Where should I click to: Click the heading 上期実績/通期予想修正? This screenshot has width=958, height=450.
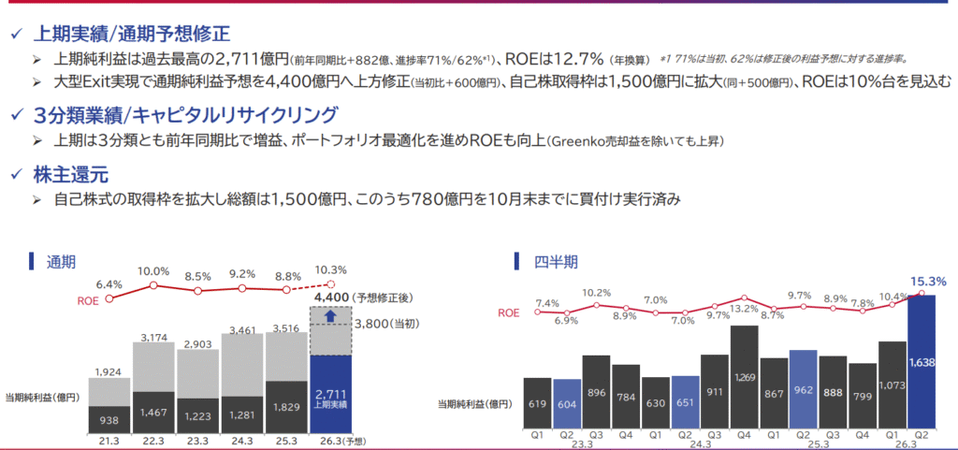click(x=131, y=33)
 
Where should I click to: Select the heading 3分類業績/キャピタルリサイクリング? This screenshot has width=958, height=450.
click(x=184, y=117)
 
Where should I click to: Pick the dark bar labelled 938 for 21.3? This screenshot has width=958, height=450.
click(x=109, y=420)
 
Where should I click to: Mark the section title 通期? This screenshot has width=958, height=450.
click(x=61, y=261)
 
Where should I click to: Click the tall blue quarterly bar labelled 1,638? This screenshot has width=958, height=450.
click(x=922, y=363)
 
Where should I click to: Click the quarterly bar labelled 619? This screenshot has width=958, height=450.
click(x=536, y=403)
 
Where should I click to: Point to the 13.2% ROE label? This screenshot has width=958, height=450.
click(x=744, y=310)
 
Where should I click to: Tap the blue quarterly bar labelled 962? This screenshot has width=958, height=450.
click(x=804, y=390)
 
